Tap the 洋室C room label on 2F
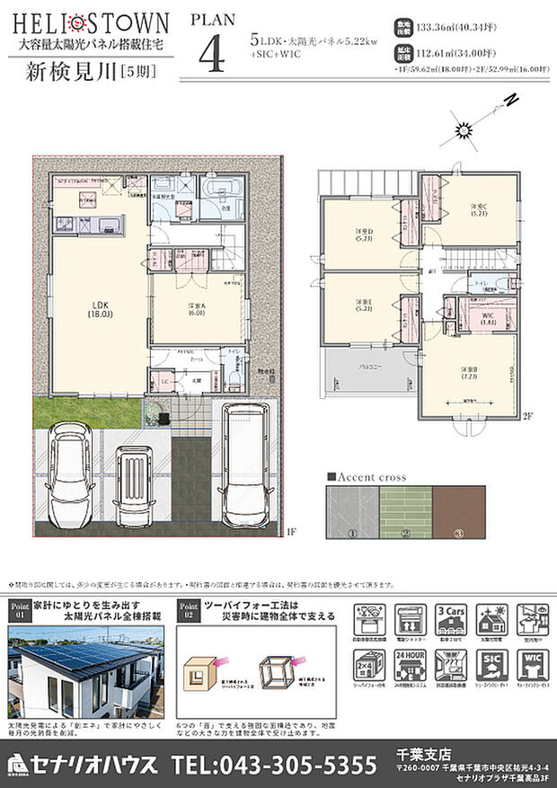click(x=479, y=210)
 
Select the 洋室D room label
click(x=363, y=235)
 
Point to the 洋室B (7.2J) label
click(x=469, y=374)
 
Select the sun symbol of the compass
click(x=464, y=131)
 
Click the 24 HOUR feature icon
click(x=409, y=667)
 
